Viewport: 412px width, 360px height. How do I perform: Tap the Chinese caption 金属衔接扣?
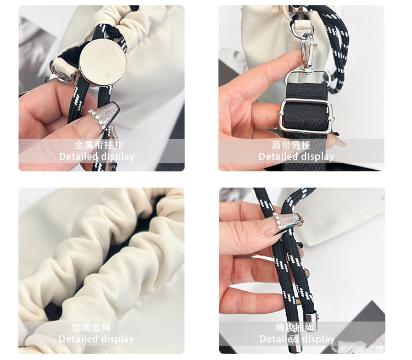click(99, 145)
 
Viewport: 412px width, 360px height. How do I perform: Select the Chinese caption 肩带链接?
click(291, 145)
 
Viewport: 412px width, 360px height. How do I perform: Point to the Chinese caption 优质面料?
click(91, 328)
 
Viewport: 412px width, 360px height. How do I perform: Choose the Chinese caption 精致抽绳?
click(294, 328)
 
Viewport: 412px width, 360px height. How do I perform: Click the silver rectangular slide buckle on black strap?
click(307, 116)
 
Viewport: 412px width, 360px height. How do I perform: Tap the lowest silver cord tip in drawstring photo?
click(292, 344)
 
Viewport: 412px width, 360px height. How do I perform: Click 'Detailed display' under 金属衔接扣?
click(97, 157)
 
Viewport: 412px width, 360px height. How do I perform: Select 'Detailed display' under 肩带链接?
click(297, 157)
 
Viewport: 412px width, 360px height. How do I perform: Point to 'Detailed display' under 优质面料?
click(97, 339)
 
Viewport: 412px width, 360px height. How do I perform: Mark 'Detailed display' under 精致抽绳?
click(297, 339)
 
